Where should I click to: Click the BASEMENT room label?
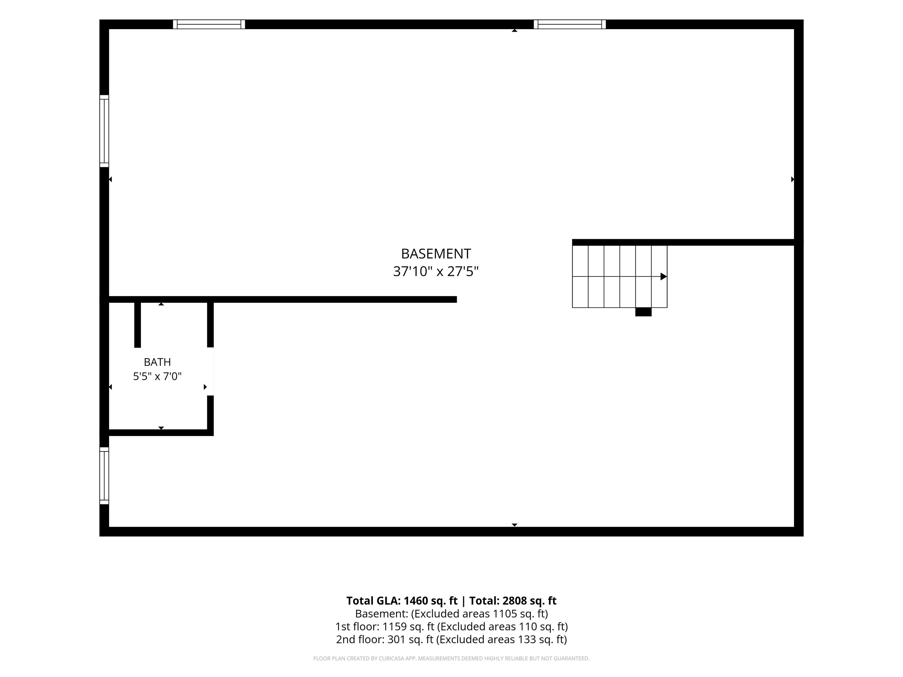click(x=436, y=254)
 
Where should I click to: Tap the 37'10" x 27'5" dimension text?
click(x=436, y=272)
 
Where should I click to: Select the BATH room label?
click(x=157, y=362)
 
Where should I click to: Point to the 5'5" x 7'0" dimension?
click(x=157, y=376)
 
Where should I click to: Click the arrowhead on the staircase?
click(x=664, y=277)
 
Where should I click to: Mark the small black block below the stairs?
click(x=643, y=312)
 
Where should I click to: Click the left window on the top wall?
click(x=209, y=24)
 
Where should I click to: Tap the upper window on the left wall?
click(x=104, y=131)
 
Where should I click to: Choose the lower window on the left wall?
click(x=104, y=476)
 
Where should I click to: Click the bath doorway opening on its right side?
click(x=211, y=371)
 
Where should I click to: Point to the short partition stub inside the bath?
click(x=138, y=325)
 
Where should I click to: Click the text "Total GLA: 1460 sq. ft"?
click(x=402, y=601)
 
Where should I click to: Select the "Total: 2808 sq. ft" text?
click(x=513, y=601)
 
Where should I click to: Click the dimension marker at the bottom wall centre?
click(x=515, y=525)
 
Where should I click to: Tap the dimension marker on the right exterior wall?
click(x=793, y=179)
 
